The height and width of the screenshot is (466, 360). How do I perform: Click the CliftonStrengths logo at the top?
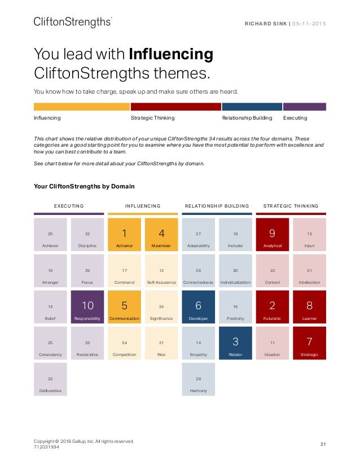(73, 22)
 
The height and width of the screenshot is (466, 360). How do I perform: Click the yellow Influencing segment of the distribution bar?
(82, 107)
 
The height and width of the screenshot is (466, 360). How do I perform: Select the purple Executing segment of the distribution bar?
(304, 107)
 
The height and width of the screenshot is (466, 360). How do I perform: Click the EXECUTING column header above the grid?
(69, 206)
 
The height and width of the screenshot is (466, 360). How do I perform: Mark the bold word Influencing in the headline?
(171, 55)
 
